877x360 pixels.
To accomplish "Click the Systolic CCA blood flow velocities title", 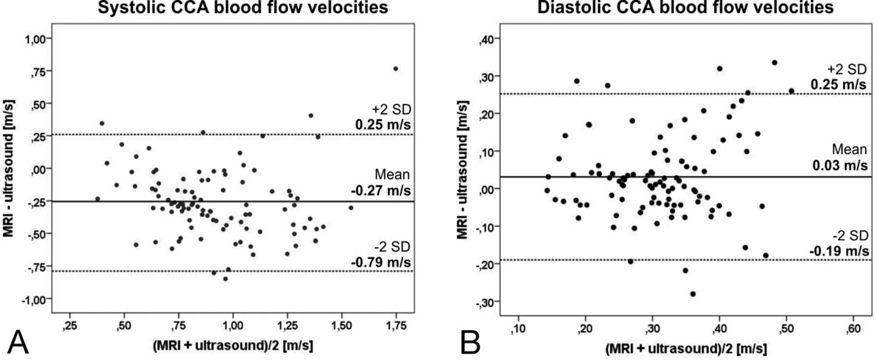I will click(243, 7).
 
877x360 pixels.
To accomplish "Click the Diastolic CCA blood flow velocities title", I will click(686, 7).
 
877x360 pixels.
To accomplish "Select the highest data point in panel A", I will click(396, 69).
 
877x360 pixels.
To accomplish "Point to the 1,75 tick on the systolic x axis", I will click(396, 326).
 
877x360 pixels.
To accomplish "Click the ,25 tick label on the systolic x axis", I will click(70, 326).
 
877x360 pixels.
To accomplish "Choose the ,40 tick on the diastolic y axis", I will click(487, 39).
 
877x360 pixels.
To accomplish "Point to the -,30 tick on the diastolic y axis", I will click(486, 302).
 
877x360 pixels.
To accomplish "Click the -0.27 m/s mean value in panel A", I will click(381, 190).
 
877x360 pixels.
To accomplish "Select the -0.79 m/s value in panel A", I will click(381, 262).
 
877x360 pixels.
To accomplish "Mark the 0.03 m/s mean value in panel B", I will click(840, 166).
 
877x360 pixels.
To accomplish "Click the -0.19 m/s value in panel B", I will click(839, 251).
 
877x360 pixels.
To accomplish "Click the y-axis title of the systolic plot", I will click(8, 169).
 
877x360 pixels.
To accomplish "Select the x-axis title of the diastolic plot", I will click(686, 349).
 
